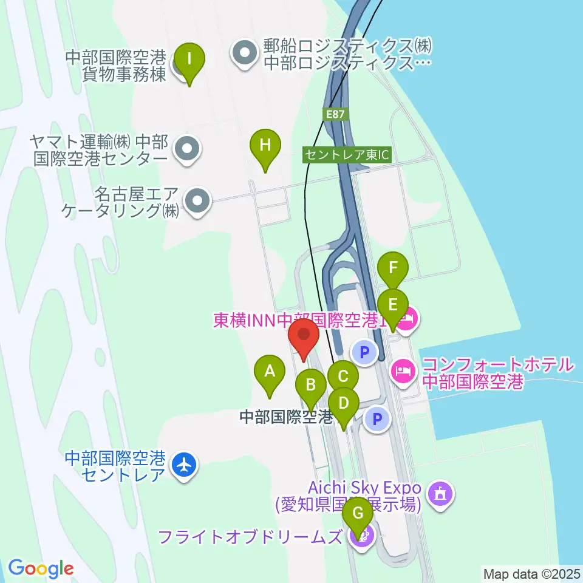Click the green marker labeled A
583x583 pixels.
pos(270,370)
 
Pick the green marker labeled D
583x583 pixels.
pos(344,403)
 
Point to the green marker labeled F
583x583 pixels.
pos(393,268)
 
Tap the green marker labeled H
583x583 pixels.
pos(265,145)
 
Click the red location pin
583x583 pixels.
pos(304,337)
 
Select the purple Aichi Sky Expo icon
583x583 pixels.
pos(440,493)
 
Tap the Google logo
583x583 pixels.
pos(41,569)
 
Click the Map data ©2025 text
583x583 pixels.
pos(531,573)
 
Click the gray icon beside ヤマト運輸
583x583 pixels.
pos(186,150)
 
